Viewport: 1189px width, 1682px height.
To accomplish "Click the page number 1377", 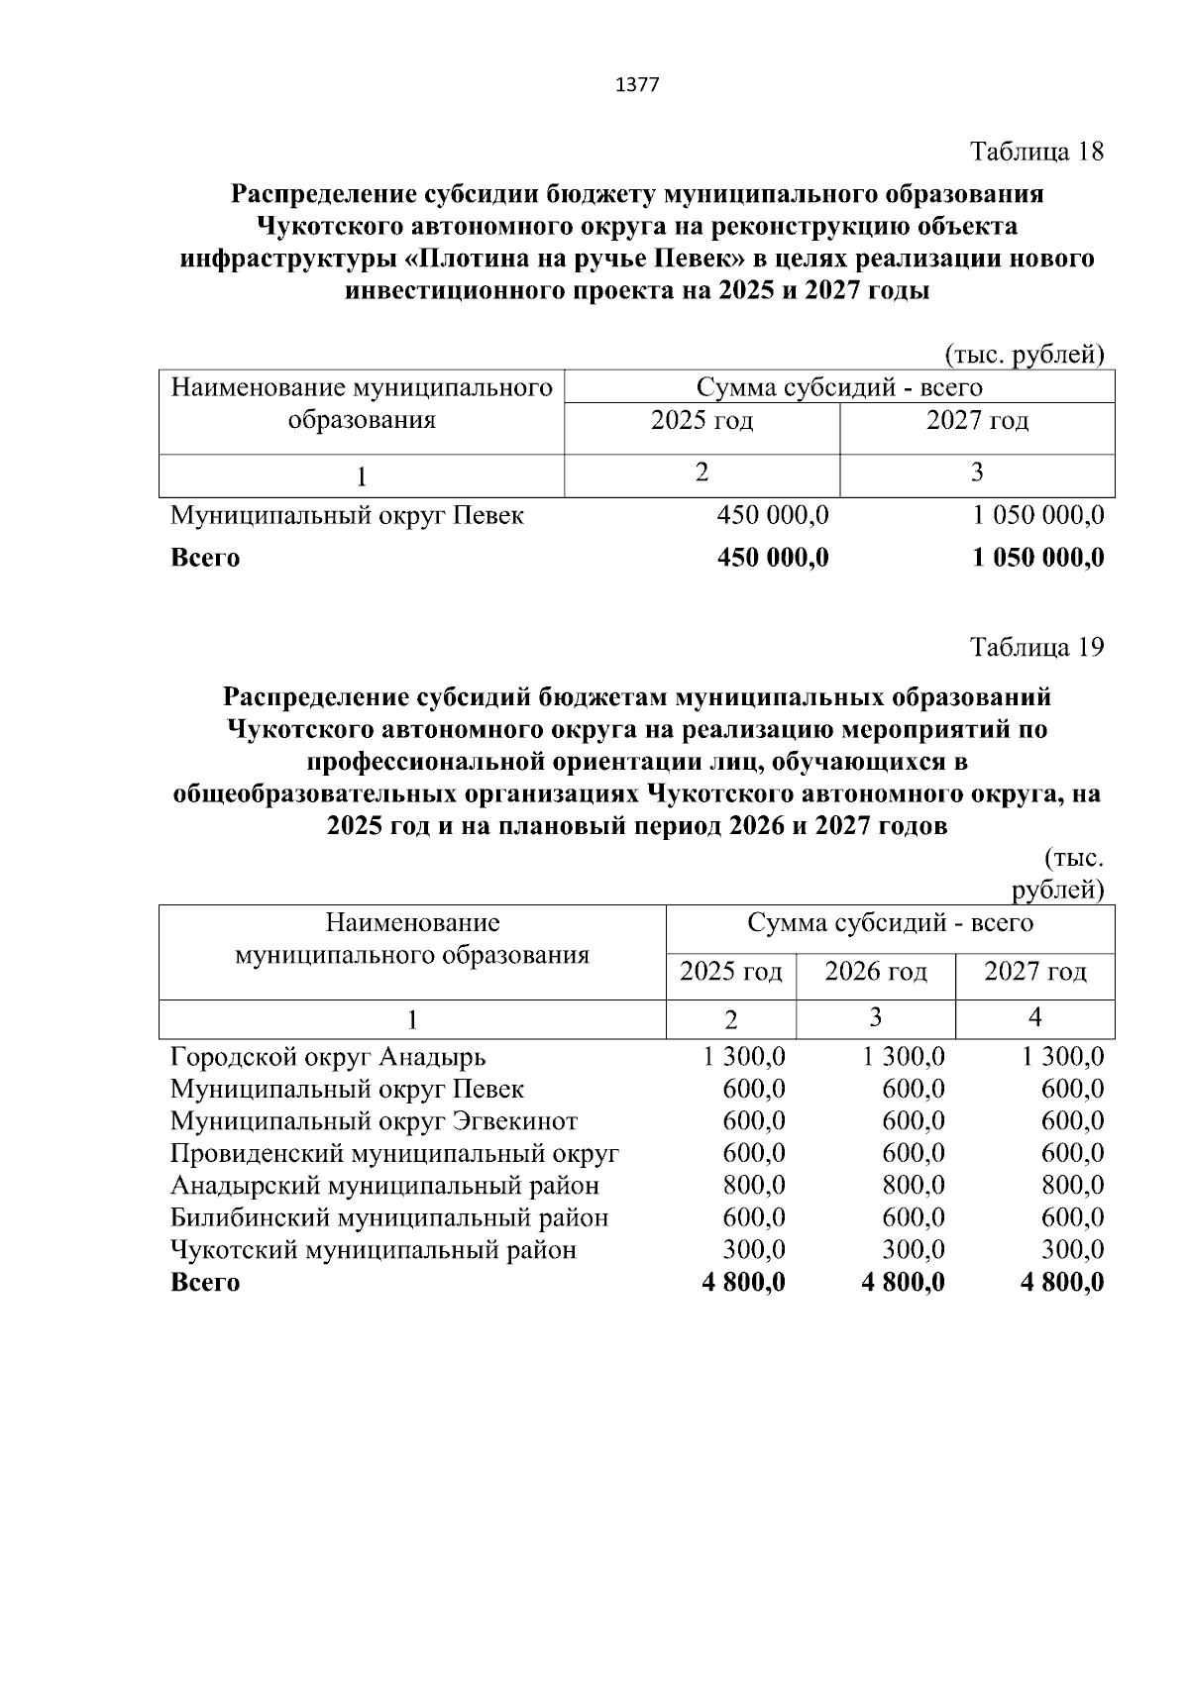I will pos(637,85).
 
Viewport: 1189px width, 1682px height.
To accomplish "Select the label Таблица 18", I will pos(1036,152).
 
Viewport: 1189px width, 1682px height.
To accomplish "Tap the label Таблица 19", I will pos(1036,647).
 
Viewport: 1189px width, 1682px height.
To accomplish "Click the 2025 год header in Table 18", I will pos(702,421).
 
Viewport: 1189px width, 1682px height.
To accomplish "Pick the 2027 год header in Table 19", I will pos(1034,972).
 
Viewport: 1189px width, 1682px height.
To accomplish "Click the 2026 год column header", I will pos(876,972).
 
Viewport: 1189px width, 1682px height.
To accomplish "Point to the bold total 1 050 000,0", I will pos(1038,558).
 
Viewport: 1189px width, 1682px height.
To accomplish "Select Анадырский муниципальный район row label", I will pos(384,1186).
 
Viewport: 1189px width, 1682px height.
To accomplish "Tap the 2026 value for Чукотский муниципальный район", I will pos(913,1250).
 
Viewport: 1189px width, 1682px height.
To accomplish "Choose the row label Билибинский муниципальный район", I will pos(389,1217).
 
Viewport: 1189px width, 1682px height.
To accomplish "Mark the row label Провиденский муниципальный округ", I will pos(394,1154).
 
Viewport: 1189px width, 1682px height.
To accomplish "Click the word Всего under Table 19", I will pos(205,1283).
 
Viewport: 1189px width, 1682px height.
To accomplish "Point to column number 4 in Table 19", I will pos(1034,1017).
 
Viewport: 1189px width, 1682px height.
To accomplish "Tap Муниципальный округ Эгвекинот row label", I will pos(374,1121).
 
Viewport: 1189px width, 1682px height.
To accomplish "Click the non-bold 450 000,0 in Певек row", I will pos(773,516).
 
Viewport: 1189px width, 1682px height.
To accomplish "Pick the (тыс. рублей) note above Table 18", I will pos(1024,355).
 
